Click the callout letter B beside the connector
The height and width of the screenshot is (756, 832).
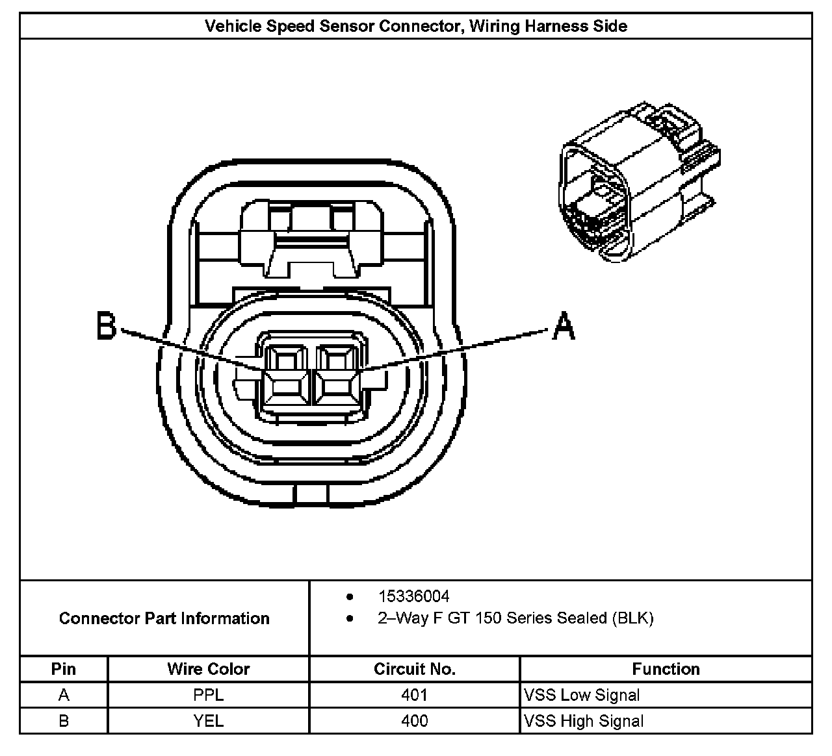pyautogui.click(x=106, y=326)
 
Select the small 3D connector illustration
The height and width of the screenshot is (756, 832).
pyautogui.click(x=636, y=181)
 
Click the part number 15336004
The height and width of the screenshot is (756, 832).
pyautogui.click(x=413, y=596)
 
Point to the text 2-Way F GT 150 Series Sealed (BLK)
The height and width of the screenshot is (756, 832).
pyautogui.click(x=515, y=618)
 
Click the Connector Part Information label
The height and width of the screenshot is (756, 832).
pyautogui.click(x=164, y=618)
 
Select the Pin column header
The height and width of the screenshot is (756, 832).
pyautogui.click(x=64, y=669)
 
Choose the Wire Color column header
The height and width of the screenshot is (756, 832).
pyautogui.click(x=208, y=669)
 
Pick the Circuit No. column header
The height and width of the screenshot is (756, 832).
pyautogui.click(x=414, y=669)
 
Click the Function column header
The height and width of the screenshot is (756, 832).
pyautogui.click(x=666, y=669)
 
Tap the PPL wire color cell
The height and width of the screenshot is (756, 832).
pyautogui.click(x=208, y=695)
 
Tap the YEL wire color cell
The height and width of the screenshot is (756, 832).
pyautogui.click(x=208, y=721)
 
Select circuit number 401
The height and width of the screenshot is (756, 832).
pyautogui.click(x=414, y=695)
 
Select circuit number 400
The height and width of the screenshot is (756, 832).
pyautogui.click(x=414, y=721)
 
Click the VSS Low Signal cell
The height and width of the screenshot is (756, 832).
pyautogui.click(x=582, y=695)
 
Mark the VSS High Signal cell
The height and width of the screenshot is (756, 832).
pyautogui.click(x=584, y=721)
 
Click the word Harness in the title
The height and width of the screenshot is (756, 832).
pyautogui.click(x=565, y=27)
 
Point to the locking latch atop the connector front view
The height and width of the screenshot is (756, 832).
pyautogui.click(x=311, y=240)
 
